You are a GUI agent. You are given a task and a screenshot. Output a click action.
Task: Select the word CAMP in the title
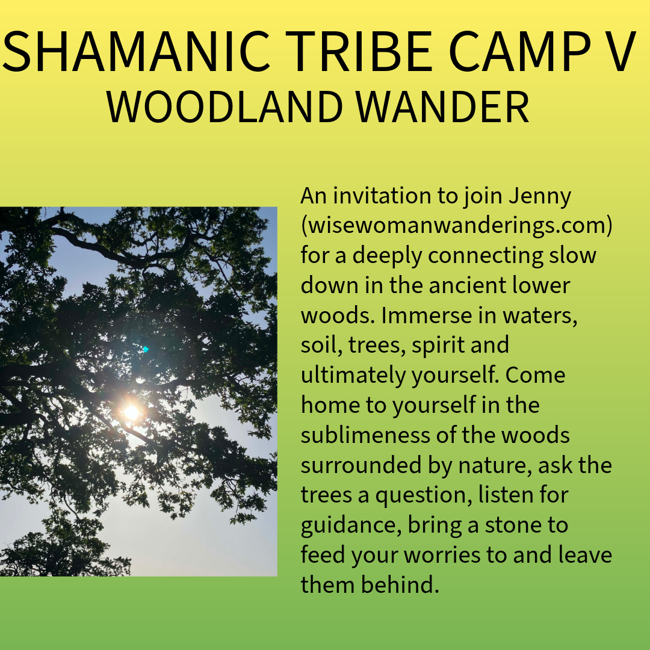520,51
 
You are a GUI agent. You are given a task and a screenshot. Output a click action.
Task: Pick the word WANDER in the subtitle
443,106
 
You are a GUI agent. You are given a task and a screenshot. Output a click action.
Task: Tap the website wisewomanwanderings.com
456,226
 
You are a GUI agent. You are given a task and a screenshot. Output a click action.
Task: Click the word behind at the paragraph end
400,584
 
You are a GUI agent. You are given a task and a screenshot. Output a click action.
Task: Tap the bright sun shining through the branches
131,412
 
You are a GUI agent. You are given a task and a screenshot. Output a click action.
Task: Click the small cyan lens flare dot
146,349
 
